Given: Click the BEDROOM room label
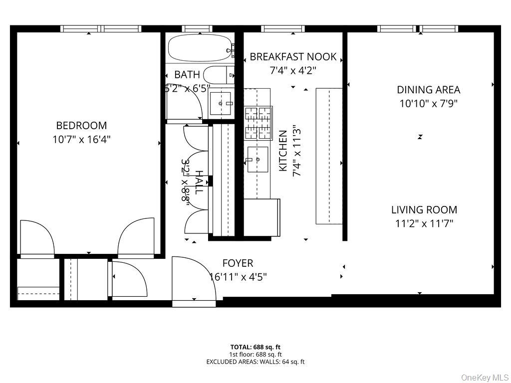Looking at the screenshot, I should pyautogui.click(x=81, y=126).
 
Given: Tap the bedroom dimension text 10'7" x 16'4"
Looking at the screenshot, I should pyautogui.click(x=81, y=139).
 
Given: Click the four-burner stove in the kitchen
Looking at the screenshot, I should pyautogui.click(x=258, y=123).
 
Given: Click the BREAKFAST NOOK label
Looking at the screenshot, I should pyautogui.click(x=293, y=57).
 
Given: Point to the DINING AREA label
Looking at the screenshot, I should pyautogui.click(x=428, y=90).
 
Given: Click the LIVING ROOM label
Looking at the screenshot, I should pyautogui.click(x=424, y=210).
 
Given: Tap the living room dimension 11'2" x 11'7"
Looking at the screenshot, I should pyautogui.click(x=424, y=223).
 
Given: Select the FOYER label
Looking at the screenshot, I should pyautogui.click(x=238, y=263).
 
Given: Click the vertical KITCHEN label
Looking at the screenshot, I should pyautogui.click(x=283, y=151).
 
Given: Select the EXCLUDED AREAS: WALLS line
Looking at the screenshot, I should pyautogui.click(x=255, y=362).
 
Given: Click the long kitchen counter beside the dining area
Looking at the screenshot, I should pyautogui.click(x=328, y=156).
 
